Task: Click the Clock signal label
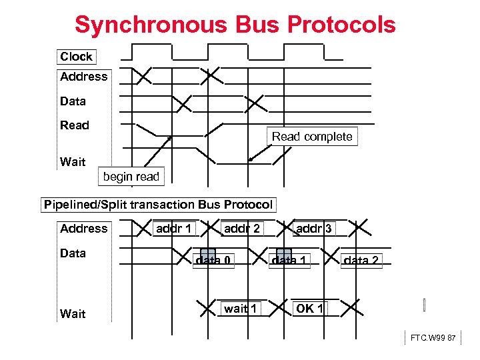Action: [x=77, y=57]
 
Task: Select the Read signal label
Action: [x=75, y=125]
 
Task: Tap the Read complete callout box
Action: [x=312, y=137]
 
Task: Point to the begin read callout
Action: [x=131, y=177]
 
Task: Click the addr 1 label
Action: [x=173, y=229]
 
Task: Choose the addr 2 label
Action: [x=242, y=229]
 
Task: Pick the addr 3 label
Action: [x=313, y=229]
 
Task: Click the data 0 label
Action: [x=213, y=261]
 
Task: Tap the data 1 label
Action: [x=289, y=261]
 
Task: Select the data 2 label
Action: [x=361, y=261]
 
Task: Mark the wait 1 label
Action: [x=241, y=308]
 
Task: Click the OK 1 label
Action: [x=310, y=308]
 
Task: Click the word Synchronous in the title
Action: [x=151, y=25]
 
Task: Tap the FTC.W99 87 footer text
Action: [x=433, y=338]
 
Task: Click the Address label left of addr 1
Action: [x=83, y=229]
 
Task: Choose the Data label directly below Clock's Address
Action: [x=73, y=101]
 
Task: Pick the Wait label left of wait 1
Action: [x=73, y=313]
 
